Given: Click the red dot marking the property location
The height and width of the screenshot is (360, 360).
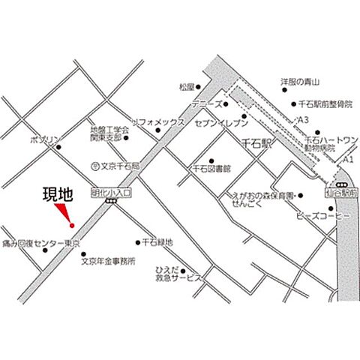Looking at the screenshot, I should coord(71,225).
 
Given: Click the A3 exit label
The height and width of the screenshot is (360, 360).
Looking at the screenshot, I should coord(303,120).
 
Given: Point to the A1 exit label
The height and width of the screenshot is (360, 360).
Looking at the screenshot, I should coord(347,160).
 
